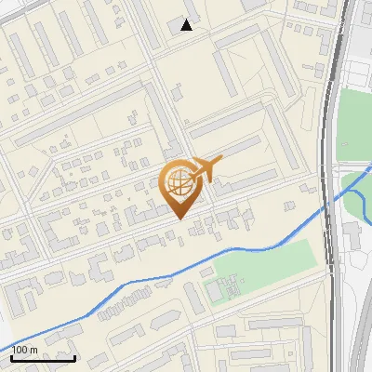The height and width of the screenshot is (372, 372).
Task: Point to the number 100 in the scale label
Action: [x=20, y=350]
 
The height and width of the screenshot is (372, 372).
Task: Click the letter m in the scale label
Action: [x=33, y=350]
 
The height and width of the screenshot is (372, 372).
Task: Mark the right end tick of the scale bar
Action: [x=74, y=356]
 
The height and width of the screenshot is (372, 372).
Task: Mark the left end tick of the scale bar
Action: [x=10, y=356]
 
